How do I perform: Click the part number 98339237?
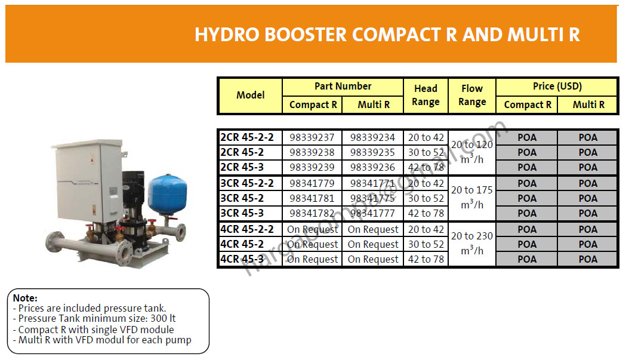coord(312,137)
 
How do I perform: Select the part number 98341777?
coord(372,213)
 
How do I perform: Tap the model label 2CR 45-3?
coord(242,167)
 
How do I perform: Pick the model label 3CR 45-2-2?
coord(246,183)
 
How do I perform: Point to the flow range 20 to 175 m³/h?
coord(471,197)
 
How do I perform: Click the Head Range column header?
coord(426,96)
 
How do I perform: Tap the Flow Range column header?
coord(471,96)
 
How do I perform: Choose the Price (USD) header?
coord(557,87)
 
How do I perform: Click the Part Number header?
coord(343,87)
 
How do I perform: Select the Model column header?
coord(250,96)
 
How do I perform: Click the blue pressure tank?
coord(165,191)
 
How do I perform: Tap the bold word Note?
coord(25,298)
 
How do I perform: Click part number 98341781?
coord(312,198)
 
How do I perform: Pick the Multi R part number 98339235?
coord(372,152)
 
